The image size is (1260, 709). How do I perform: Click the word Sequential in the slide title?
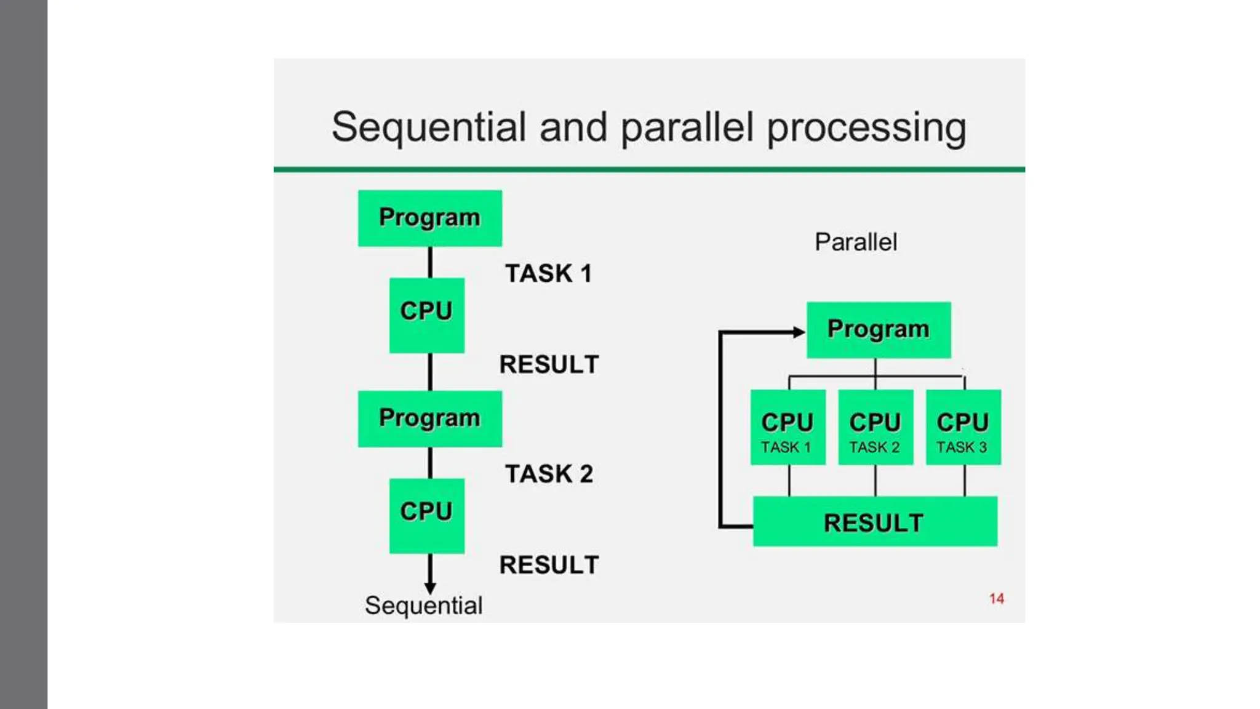428,127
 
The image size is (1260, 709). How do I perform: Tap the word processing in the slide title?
866,129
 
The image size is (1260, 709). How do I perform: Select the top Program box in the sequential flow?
429,218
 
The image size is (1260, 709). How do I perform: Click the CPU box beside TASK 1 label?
426,315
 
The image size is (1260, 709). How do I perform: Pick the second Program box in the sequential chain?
429,419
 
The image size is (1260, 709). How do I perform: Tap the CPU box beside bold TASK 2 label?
426,515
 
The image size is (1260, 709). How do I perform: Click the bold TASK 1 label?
548,273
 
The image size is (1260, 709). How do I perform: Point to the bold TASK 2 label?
549,474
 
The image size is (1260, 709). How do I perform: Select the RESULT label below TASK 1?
549,364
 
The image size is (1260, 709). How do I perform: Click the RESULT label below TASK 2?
549,565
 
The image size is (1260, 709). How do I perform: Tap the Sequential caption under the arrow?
423,606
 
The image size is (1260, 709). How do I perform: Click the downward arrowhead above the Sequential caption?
430,588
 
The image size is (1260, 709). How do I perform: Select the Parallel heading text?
855,242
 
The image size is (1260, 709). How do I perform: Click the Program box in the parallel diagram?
878,330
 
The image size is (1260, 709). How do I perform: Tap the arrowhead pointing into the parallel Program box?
799,332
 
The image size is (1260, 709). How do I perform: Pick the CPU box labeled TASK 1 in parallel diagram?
787,427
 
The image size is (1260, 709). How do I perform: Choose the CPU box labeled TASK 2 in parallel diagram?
875,427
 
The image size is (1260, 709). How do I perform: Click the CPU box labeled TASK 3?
963,427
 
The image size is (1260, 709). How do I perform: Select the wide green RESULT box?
874,521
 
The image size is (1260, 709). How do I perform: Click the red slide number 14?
996,599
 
